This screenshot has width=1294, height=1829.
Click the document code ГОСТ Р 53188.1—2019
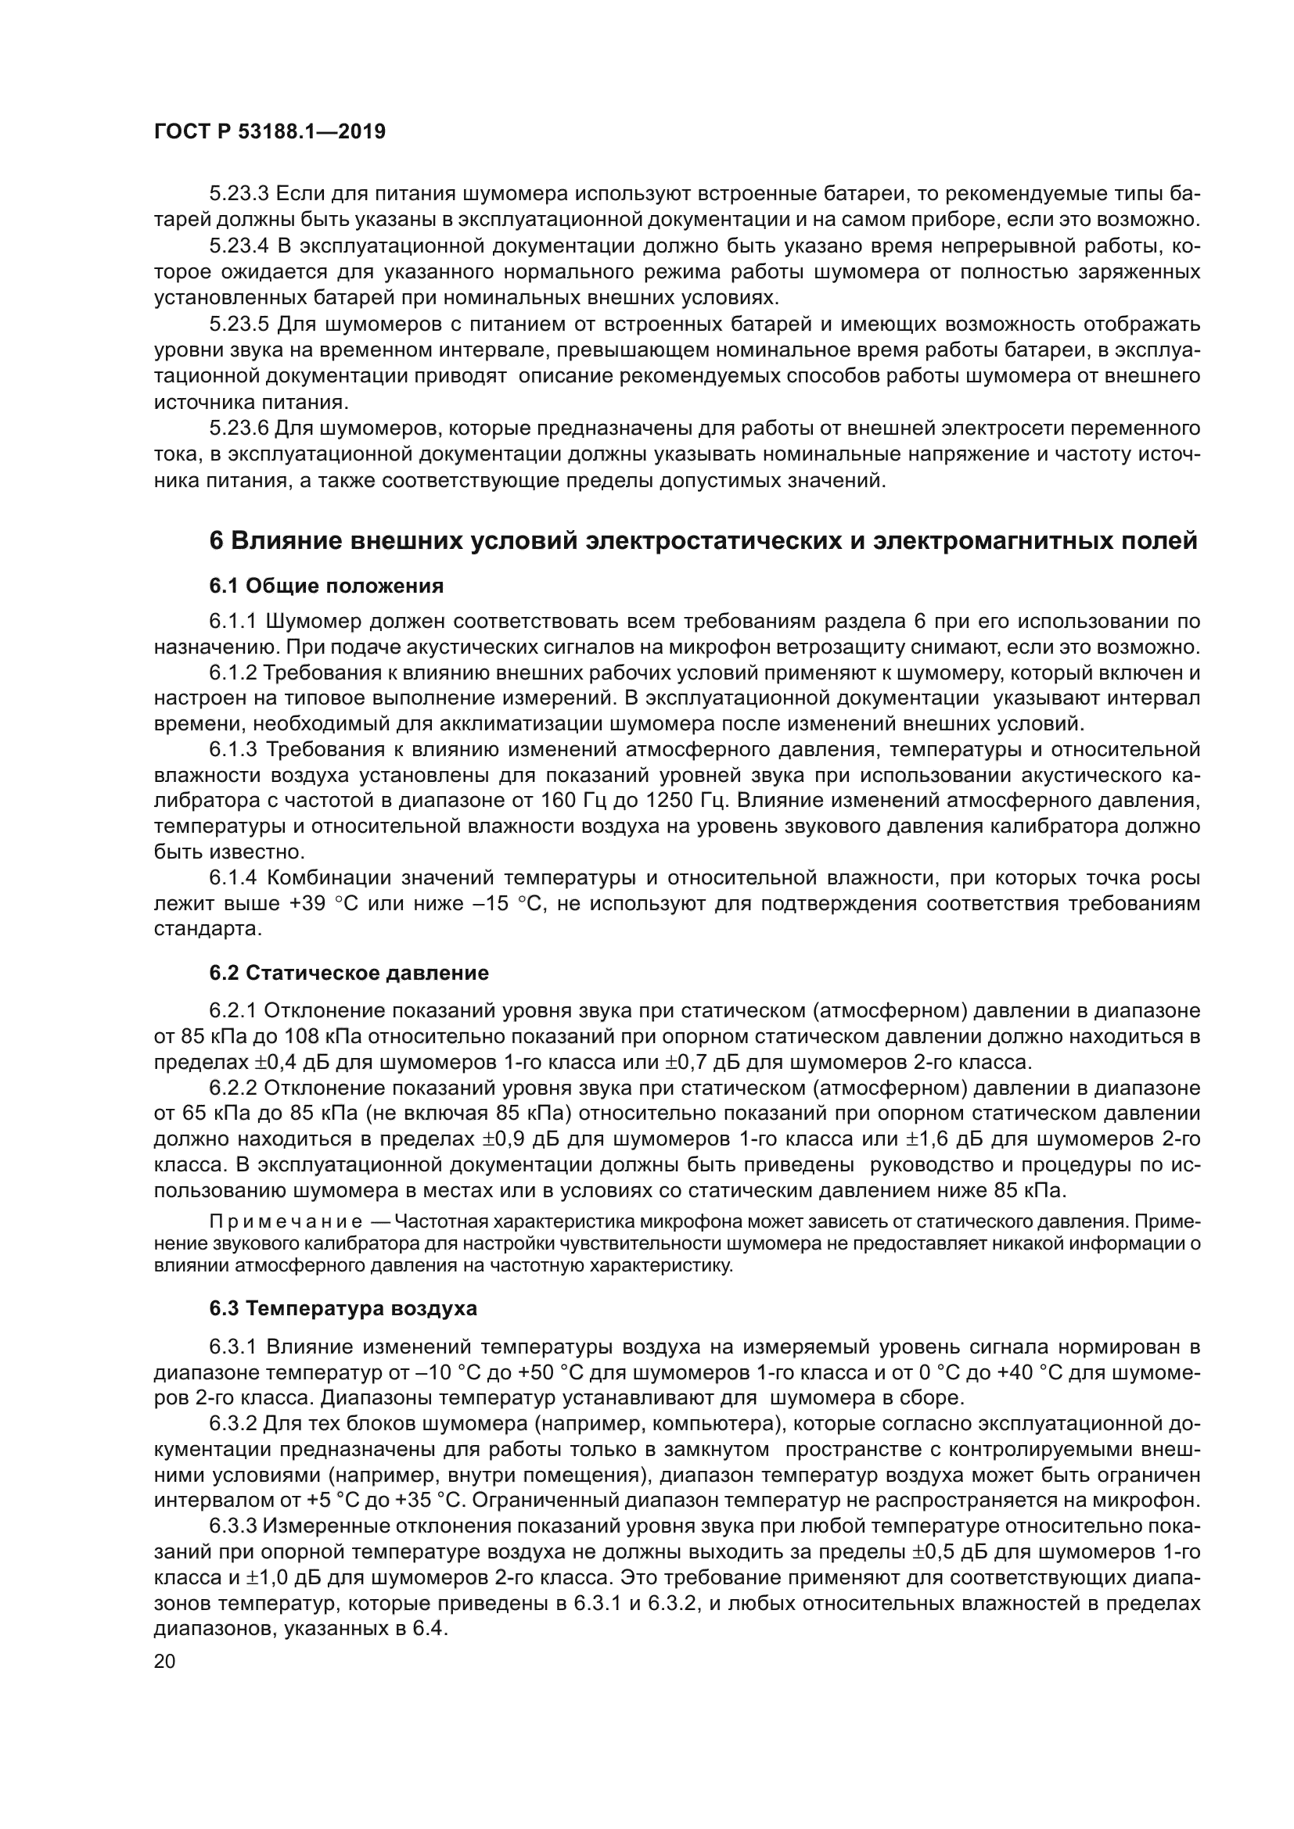[270, 131]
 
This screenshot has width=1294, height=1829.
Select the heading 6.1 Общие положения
[327, 586]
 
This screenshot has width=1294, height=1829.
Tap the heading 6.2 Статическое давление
[349, 973]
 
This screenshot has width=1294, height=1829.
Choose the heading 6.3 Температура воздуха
[343, 1308]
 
